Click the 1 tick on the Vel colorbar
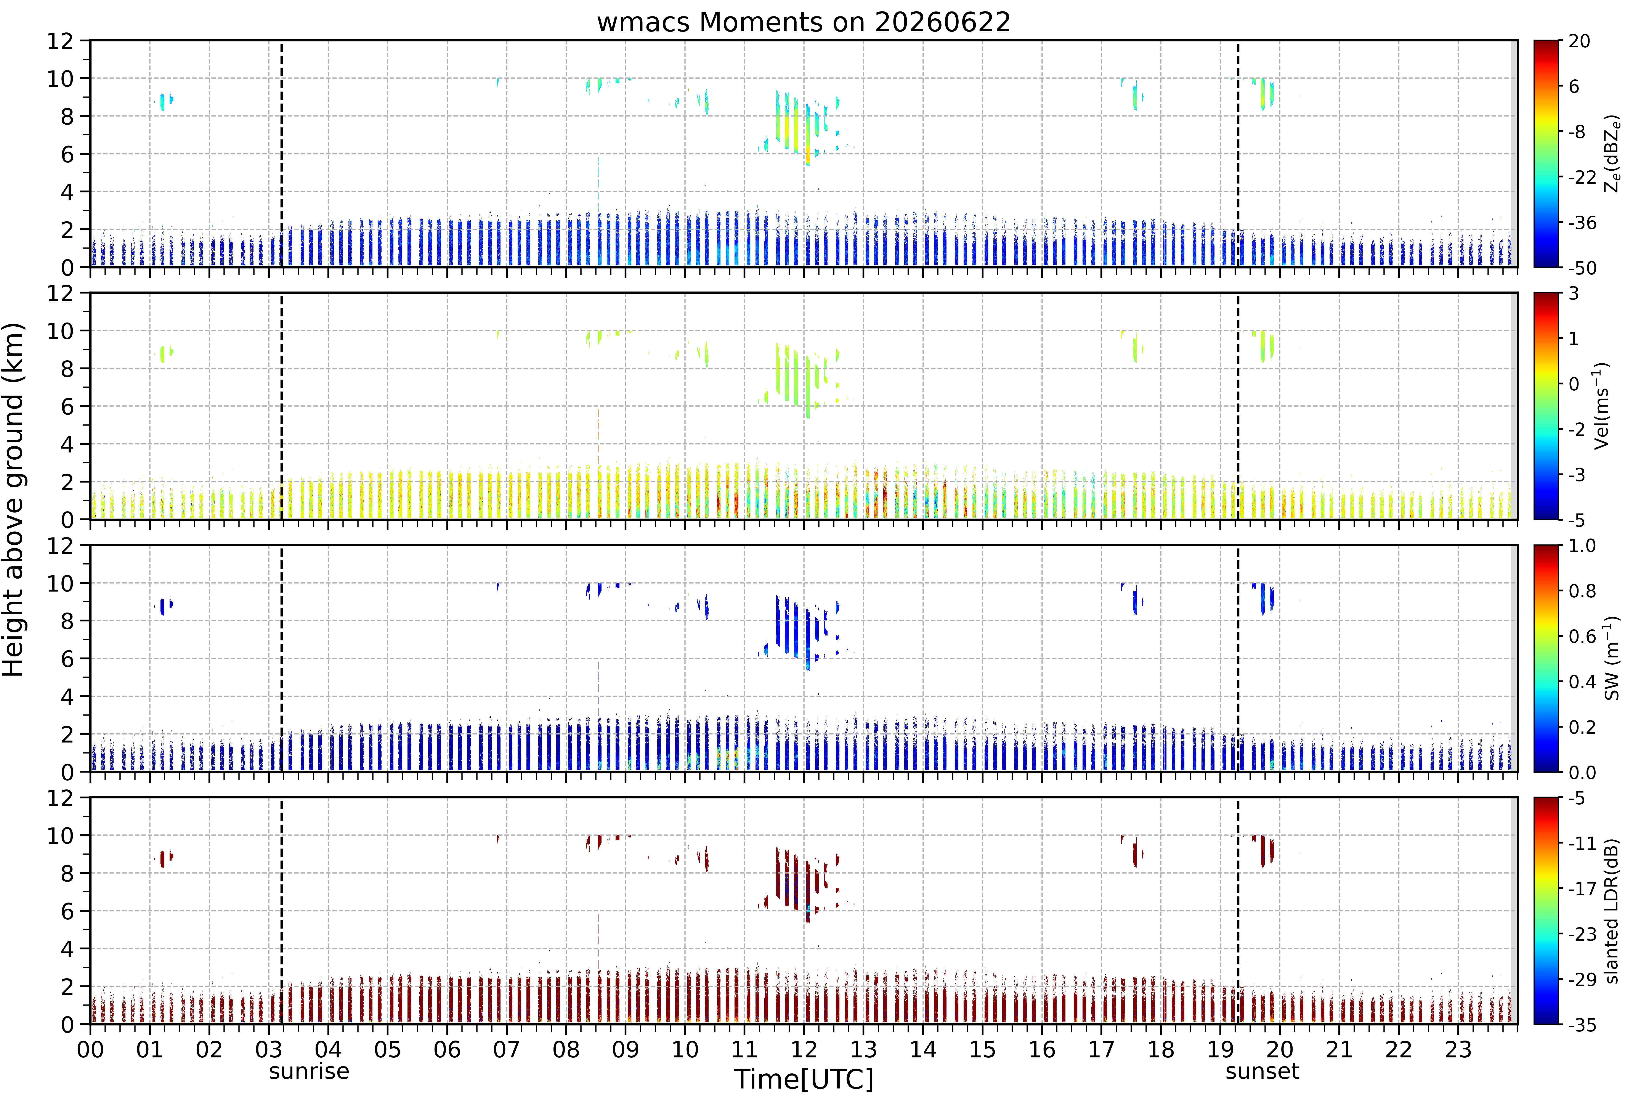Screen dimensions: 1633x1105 tap(1574, 339)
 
